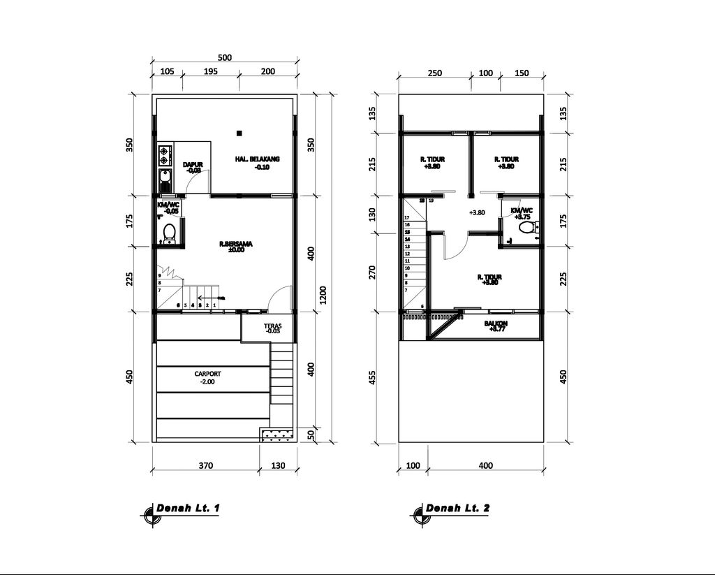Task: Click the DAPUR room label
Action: [x=192, y=165]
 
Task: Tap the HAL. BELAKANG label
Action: [x=257, y=160]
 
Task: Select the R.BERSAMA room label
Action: [x=235, y=245]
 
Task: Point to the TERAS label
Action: [x=272, y=326]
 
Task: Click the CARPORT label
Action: [x=208, y=374]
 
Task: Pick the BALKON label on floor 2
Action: [x=496, y=324]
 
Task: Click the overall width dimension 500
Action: [x=224, y=58]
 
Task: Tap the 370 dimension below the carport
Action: [x=205, y=465]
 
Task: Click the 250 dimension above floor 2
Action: [x=434, y=73]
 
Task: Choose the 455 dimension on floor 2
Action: [x=371, y=377]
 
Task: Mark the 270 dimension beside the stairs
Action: [x=371, y=272]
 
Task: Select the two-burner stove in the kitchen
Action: [x=165, y=154]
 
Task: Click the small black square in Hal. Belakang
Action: [x=239, y=133]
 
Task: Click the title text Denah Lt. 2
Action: [x=457, y=508]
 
